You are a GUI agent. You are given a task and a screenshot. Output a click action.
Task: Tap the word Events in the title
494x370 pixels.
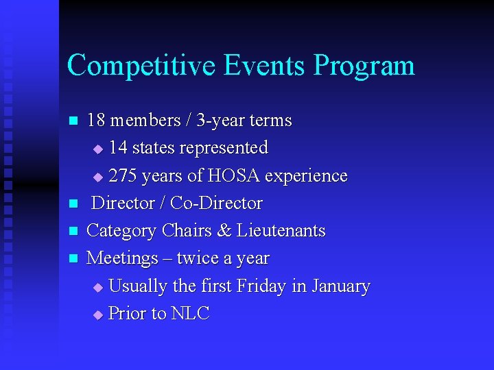(265, 66)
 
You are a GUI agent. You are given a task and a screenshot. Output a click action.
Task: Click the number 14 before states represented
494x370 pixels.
(118, 148)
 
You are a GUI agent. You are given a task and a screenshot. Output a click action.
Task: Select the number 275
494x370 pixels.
(123, 176)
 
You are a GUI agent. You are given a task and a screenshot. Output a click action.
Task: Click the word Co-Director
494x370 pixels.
(216, 203)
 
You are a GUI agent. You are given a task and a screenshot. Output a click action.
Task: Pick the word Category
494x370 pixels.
(122, 232)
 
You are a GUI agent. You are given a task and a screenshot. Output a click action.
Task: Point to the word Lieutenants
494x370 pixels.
(281, 231)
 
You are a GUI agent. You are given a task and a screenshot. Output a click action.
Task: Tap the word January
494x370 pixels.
(340, 286)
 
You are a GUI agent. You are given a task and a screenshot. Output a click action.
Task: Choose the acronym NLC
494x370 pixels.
(190, 314)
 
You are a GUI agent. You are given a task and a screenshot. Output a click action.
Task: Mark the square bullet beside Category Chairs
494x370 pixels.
(73, 232)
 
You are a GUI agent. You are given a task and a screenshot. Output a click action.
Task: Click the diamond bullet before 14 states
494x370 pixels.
(97, 149)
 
